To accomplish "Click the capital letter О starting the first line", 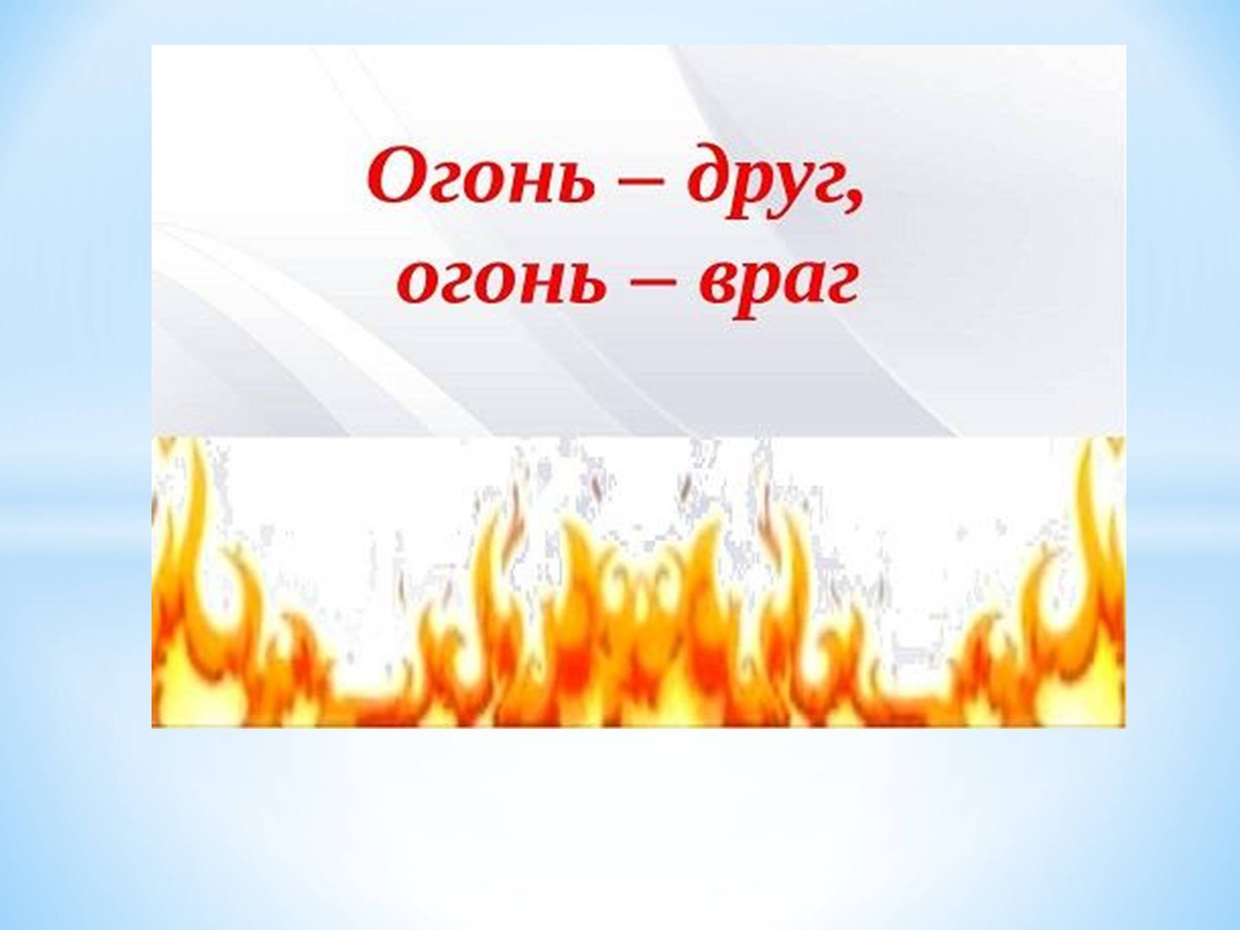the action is pos(398,177).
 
